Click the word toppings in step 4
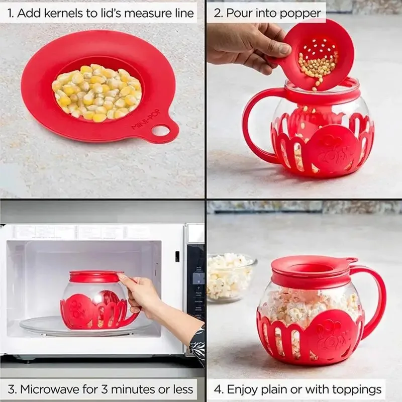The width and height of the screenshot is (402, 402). pyautogui.click(x=357, y=389)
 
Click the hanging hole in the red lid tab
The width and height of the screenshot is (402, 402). pyautogui.click(x=161, y=131)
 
